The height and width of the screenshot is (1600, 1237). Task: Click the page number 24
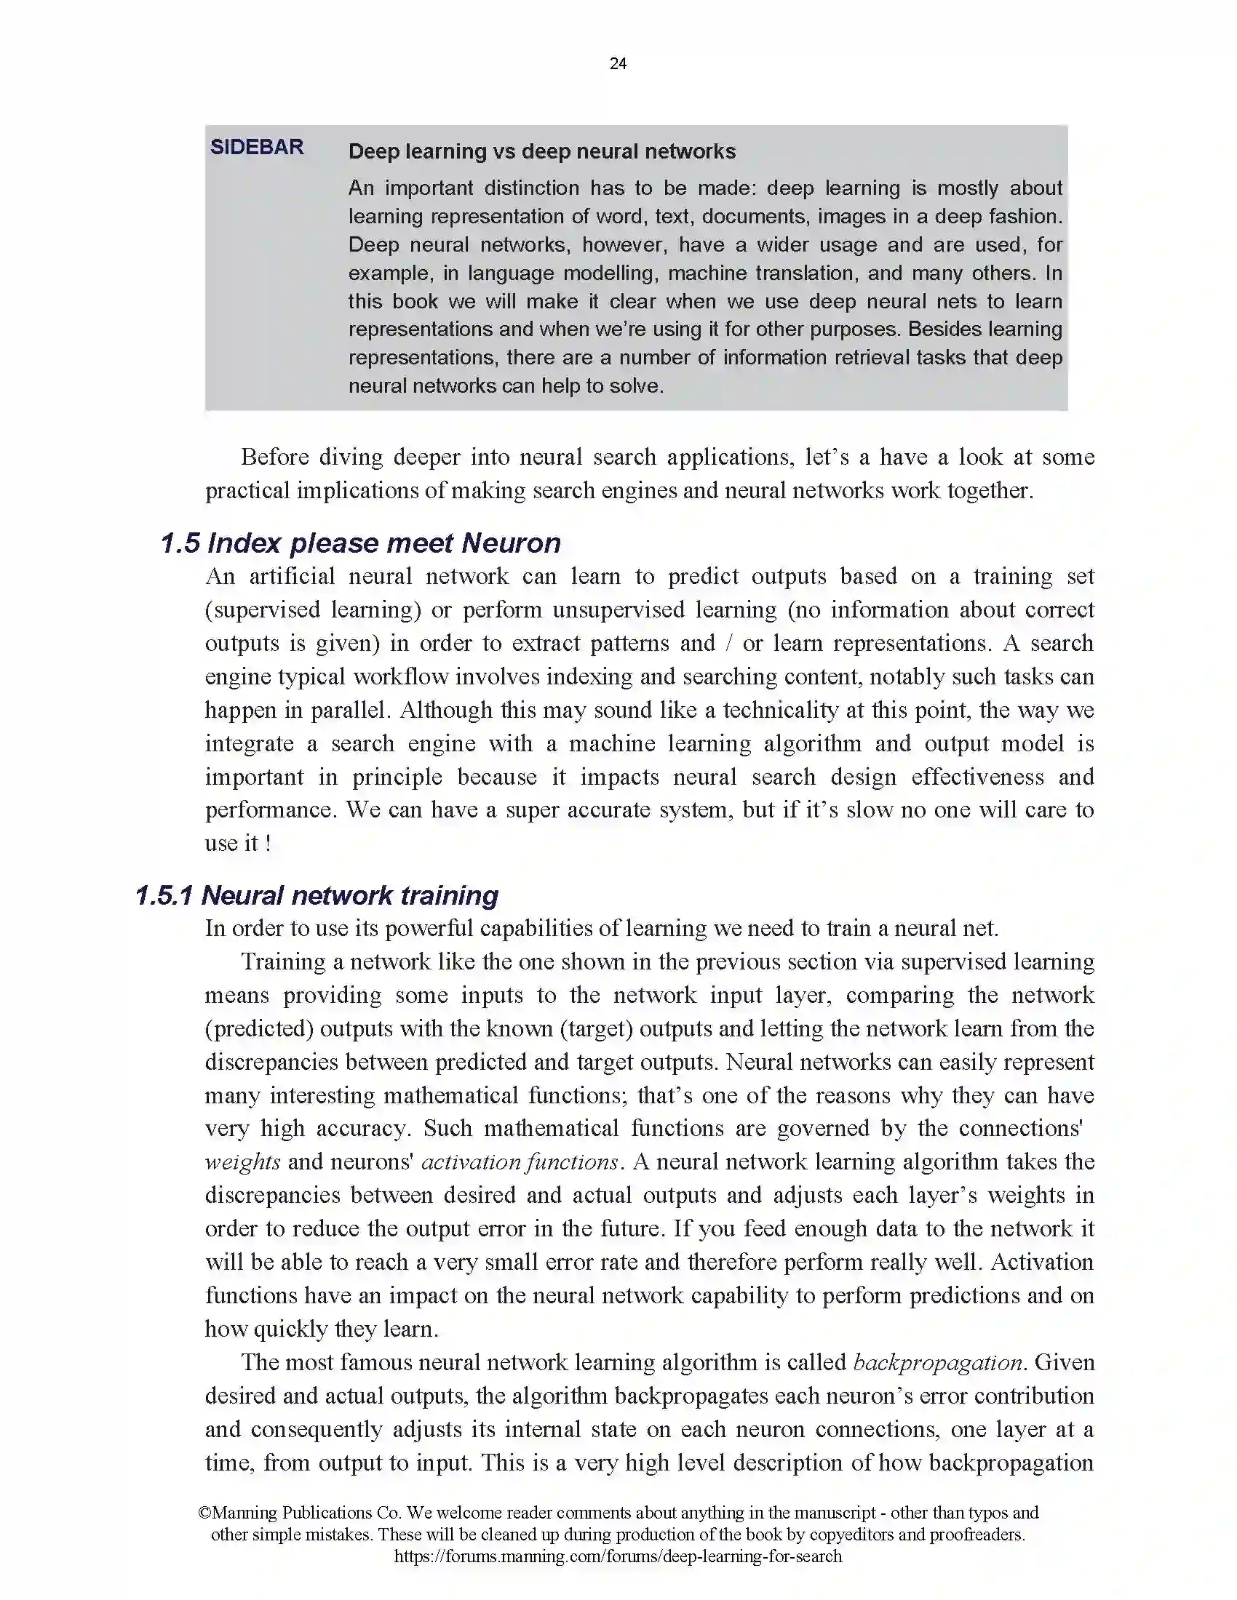point(618,64)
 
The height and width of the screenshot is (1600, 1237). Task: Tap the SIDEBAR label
point(256,147)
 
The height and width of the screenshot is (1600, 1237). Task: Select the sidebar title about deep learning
point(541,152)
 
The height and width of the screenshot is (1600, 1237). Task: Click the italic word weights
point(242,1162)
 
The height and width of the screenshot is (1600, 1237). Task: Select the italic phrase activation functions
point(520,1162)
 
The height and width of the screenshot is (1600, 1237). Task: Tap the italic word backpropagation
point(937,1362)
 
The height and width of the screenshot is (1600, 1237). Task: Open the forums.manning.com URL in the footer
point(618,1556)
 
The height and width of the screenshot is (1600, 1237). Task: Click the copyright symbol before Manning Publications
point(204,1513)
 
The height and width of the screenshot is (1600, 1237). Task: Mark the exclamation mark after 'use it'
point(269,843)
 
